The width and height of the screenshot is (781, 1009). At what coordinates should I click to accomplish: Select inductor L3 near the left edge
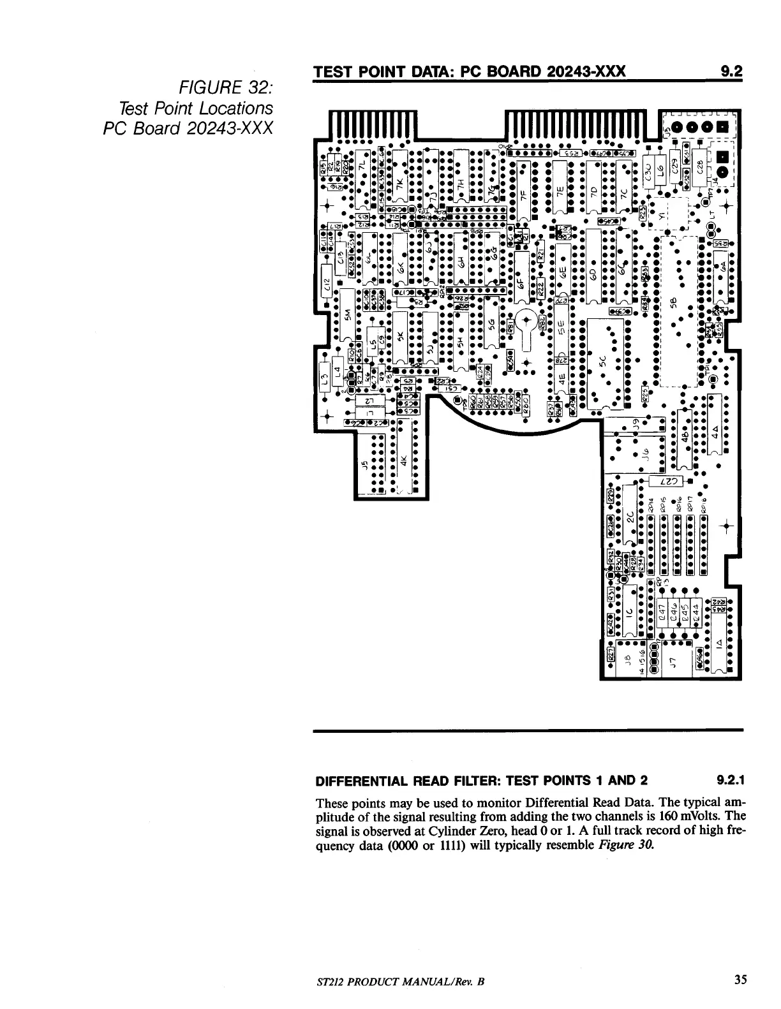tap(324, 381)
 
